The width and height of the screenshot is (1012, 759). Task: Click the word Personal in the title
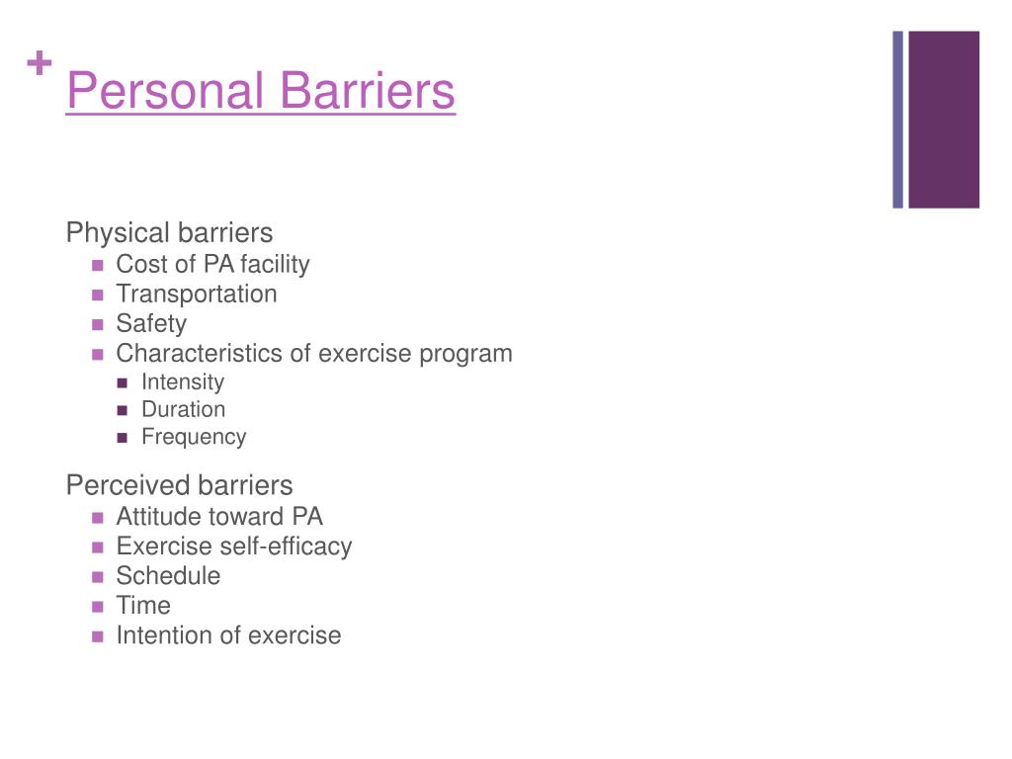165,90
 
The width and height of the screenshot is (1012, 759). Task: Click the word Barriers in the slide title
368,90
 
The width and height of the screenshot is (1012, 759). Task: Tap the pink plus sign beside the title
40,62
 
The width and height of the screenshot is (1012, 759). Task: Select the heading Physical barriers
169,232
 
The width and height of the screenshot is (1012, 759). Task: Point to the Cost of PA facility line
213,264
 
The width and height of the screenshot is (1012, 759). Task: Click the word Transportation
197,294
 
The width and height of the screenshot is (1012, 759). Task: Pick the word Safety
151,323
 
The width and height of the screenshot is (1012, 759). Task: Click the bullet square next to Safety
98,324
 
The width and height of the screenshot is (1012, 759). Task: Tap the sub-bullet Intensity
183,381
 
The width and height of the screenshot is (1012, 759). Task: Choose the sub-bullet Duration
183,409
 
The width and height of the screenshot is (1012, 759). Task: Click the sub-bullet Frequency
194,437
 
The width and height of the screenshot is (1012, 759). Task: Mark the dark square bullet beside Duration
123,410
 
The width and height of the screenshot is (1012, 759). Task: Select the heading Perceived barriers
180,485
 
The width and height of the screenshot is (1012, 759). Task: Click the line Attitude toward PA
219,516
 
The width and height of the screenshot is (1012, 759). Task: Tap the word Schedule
168,576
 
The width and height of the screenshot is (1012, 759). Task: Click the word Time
143,606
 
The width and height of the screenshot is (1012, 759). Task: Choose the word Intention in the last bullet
165,635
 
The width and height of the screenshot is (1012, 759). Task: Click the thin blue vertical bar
897,120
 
